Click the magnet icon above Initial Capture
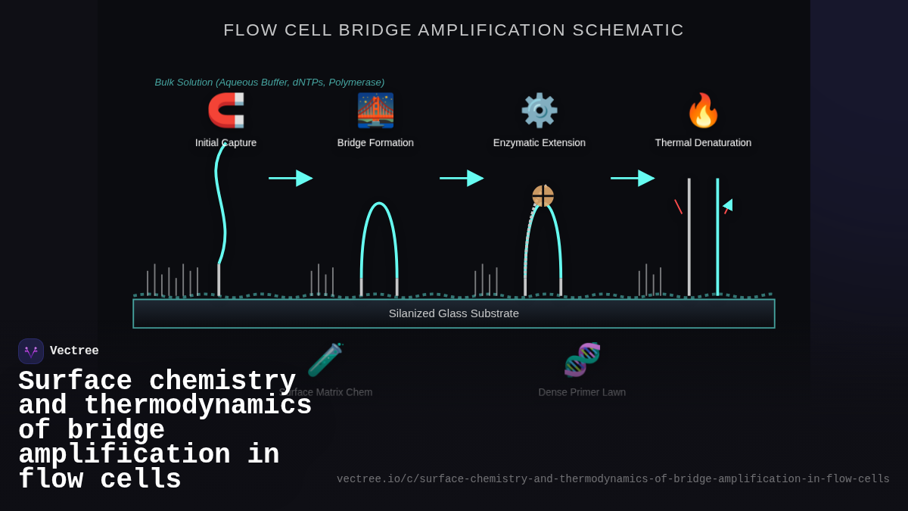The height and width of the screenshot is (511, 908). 225,111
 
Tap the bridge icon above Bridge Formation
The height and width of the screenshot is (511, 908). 375,111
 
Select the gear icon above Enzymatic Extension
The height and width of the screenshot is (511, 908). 539,111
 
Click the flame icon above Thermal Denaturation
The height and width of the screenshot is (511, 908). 703,111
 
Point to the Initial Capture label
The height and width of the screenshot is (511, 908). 225,142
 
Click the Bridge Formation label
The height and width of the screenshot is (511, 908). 375,142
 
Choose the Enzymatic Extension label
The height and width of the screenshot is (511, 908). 539,142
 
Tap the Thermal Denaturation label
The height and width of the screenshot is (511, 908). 703,142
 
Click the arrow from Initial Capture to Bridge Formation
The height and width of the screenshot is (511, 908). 291,178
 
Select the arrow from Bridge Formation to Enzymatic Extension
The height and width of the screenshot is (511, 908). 462,178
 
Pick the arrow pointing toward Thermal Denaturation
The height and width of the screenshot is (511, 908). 633,178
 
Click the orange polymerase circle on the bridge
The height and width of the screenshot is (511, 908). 543,196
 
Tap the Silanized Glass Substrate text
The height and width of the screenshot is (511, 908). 453,313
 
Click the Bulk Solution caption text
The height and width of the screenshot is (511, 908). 269,82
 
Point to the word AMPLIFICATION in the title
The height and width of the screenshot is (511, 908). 492,30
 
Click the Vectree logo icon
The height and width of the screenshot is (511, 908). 31,351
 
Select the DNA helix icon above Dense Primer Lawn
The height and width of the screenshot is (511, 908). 582,360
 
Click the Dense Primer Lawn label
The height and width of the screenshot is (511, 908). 582,392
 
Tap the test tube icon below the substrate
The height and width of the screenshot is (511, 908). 325,360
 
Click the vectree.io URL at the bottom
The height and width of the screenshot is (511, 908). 613,479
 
